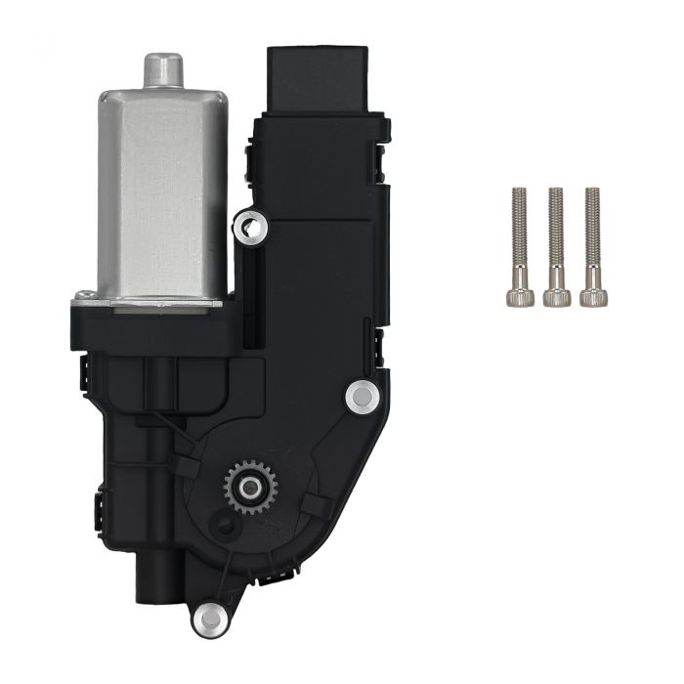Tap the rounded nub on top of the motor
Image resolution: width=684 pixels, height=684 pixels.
point(164,69)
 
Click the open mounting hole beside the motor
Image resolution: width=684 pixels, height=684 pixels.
point(251,227)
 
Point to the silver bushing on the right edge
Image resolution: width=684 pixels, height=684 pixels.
point(362,395)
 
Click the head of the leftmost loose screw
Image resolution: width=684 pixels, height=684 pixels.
point(520,295)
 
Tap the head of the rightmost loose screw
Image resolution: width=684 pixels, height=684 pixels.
point(591,295)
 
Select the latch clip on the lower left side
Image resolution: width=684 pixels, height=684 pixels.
point(100,514)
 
